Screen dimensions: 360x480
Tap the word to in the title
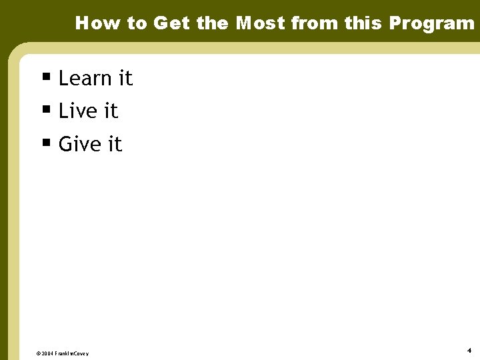[137, 23]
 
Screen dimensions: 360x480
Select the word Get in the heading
[171, 23]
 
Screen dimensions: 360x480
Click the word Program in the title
[432, 23]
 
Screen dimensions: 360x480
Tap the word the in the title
[213, 23]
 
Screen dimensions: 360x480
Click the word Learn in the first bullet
[85, 79]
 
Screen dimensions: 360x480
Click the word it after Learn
[125, 79]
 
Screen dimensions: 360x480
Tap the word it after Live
[111, 111]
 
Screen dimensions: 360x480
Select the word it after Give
[115, 144]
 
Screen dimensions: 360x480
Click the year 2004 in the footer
[48, 353]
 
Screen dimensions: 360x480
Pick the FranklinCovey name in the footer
[72, 353]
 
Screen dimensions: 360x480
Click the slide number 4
[469, 350]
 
